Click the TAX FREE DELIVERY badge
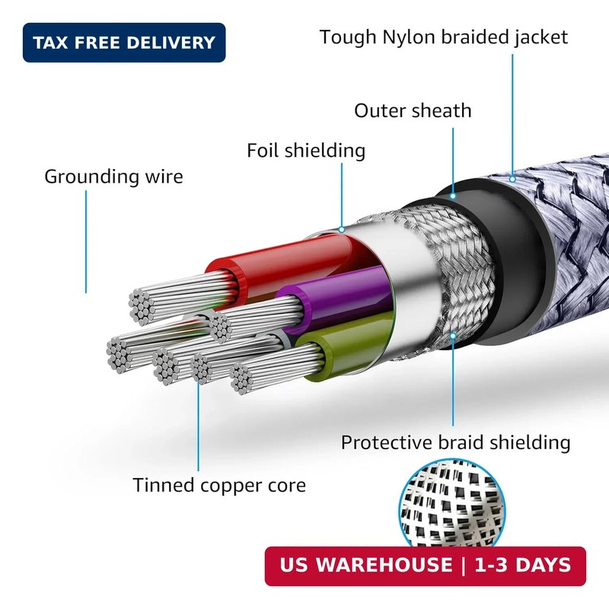[x=124, y=43]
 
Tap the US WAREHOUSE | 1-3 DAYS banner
[x=426, y=566]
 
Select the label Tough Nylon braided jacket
[x=444, y=37]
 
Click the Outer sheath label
[x=413, y=110]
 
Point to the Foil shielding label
[x=306, y=150]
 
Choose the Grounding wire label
[x=113, y=177]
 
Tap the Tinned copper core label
[x=219, y=485]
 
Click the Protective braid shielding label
[x=455, y=442]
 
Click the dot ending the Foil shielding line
[x=341, y=230]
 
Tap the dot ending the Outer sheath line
[x=453, y=196]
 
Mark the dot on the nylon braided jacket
[x=512, y=179]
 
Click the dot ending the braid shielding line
[x=453, y=336]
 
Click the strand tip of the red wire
[x=141, y=307]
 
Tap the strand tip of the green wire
[x=241, y=378]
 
